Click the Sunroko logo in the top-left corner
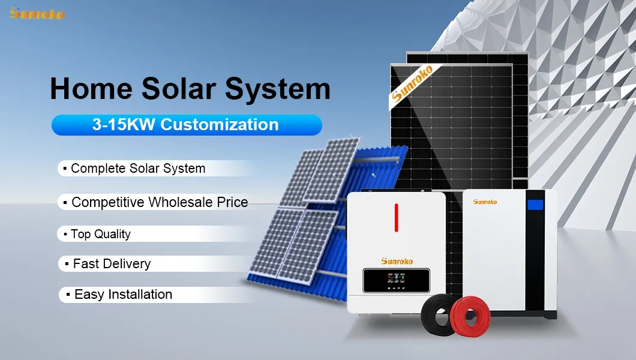coord(37,13)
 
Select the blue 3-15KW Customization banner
coord(187,125)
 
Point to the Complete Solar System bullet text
coord(138,169)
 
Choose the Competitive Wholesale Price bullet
coord(159,202)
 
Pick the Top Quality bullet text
coord(100,234)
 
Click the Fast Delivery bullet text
coord(112,263)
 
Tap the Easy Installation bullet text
coord(123,295)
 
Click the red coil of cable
coord(470,314)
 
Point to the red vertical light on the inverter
coord(396,217)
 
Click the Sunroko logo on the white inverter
coord(397,261)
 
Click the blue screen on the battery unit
coord(535,205)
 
